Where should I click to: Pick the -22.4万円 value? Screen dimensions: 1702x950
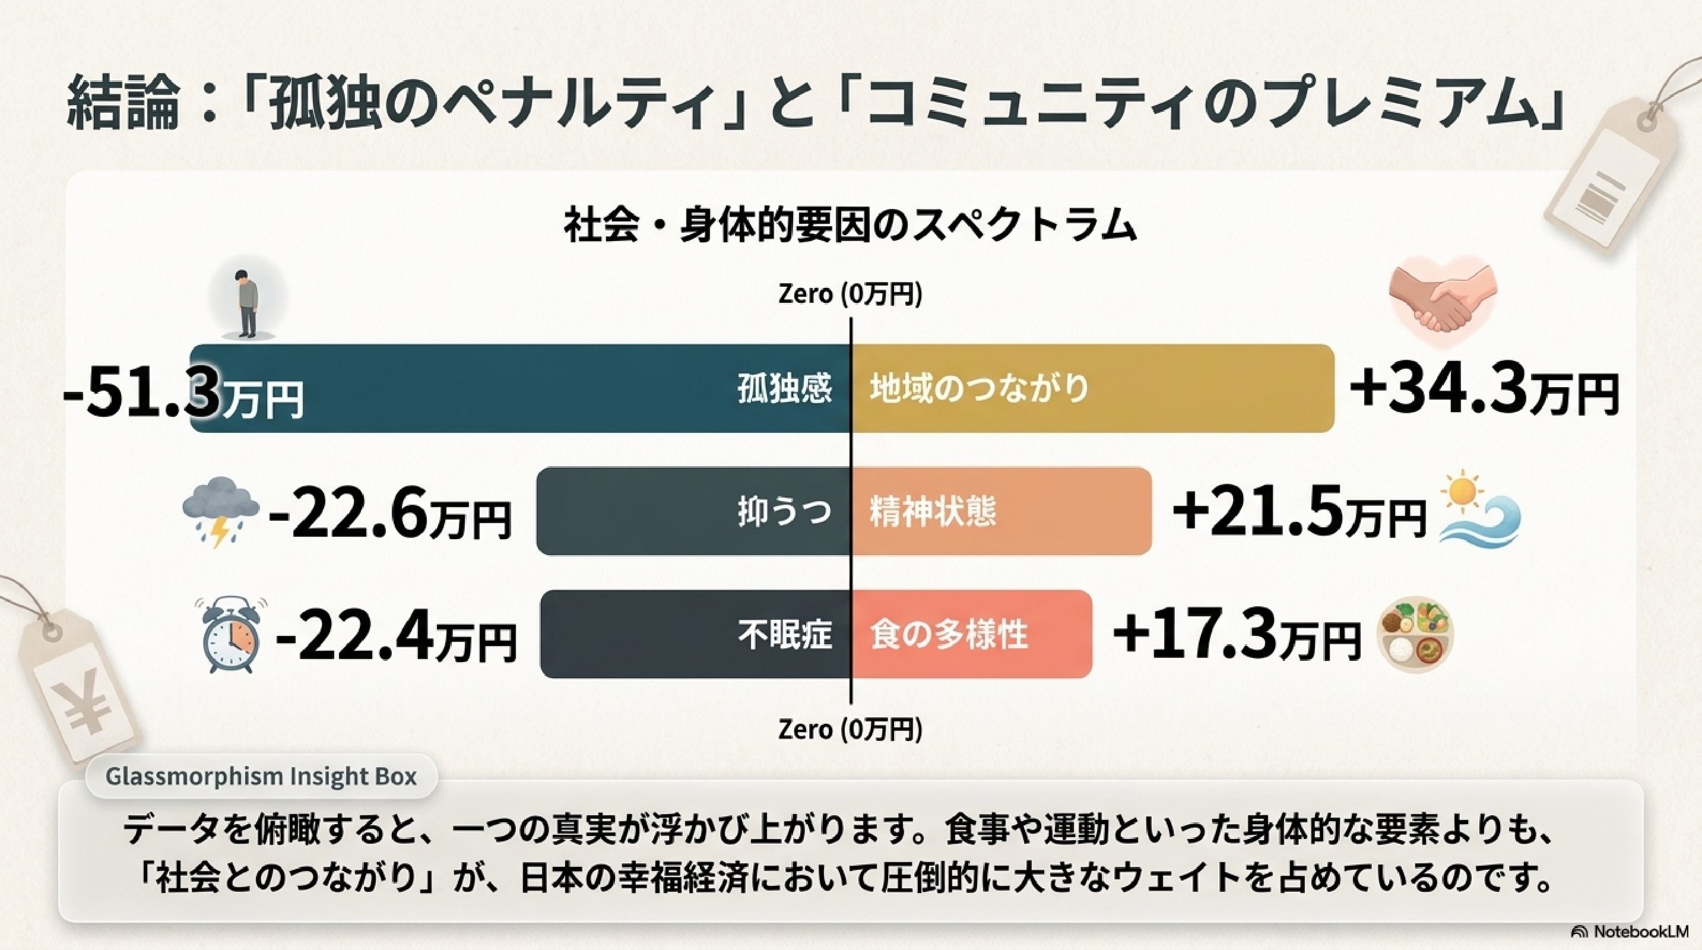tap(396, 638)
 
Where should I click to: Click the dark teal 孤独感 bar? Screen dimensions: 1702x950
tap(521, 388)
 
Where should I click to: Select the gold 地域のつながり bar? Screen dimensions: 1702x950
tap(1093, 388)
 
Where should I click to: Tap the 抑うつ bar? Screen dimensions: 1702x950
tap(694, 511)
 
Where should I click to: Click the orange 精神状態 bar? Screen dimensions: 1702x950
tap(1001, 511)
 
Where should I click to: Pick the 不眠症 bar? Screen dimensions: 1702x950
tap(696, 634)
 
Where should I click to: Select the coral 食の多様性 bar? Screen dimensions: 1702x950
tap(971, 634)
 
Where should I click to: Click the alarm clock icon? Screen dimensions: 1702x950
tap(229, 635)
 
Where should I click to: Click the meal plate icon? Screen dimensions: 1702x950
tap(1415, 635)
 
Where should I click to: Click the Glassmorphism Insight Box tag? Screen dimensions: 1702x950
tap(261, 776)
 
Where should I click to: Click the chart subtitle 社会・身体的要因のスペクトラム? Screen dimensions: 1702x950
tap(850, 226)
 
